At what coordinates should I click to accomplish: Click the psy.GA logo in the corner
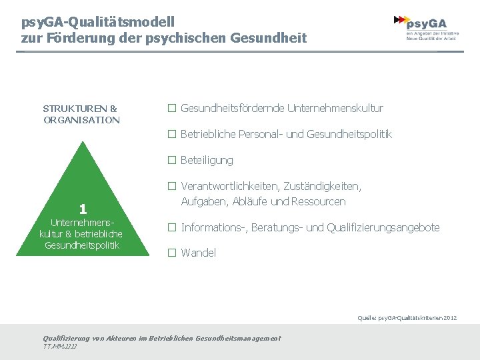426,28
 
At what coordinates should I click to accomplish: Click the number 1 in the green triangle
82,208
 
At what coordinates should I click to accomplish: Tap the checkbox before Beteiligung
171,161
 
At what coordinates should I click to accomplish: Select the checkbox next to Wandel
171,253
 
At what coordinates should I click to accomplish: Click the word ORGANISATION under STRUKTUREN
81,120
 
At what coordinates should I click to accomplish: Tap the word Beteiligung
207,161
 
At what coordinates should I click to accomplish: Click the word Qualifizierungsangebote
383,228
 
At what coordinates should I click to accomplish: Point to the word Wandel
199,253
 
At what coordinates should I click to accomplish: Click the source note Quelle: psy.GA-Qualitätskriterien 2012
407,318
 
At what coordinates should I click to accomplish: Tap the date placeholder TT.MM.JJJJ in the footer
60,347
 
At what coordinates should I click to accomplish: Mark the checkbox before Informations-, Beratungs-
171,228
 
